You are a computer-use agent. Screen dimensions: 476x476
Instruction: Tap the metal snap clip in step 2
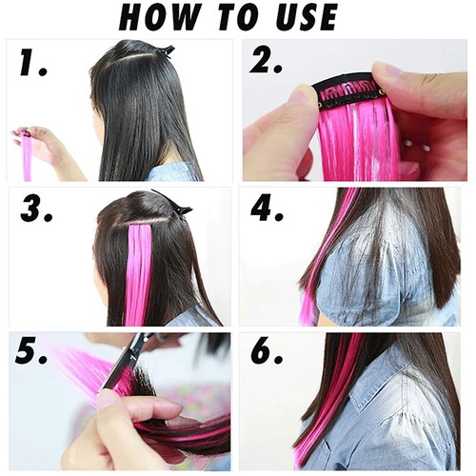[x=347, y=93]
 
